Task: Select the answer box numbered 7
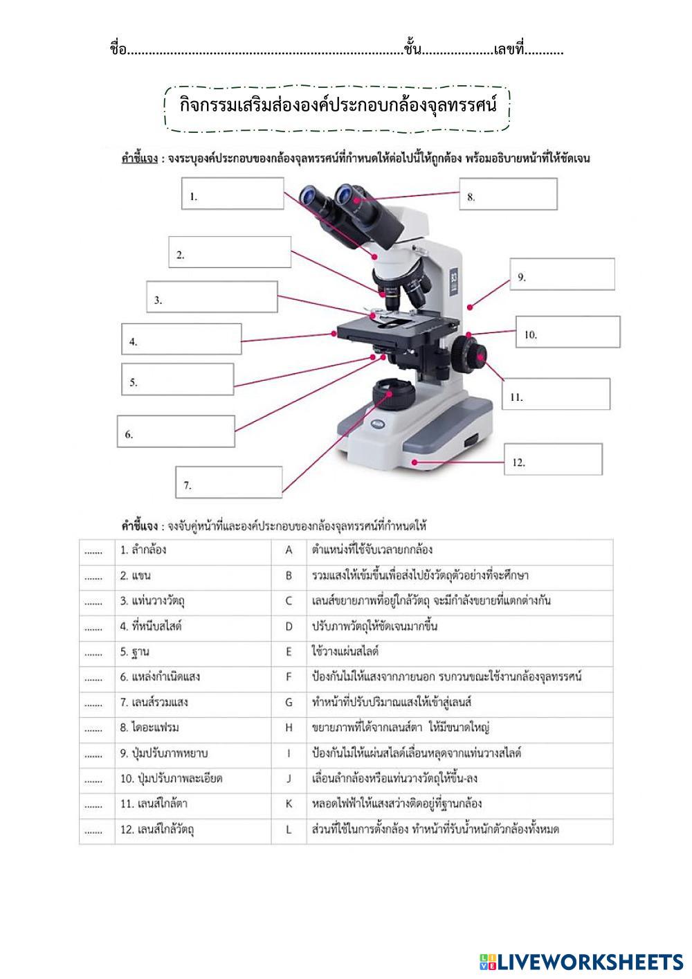(x=229, y=482)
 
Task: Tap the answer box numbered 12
(x=552, y=459)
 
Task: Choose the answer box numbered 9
(x=562, y=274)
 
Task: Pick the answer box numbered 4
(x=181, y=339)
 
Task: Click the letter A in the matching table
(x=289, y=550)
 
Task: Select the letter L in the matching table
(x=289, y=829)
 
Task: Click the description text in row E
(x=345, y=652)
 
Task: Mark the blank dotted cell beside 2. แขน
(x=93, y=576)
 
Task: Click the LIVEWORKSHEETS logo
(x=581, y=961)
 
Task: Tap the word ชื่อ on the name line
(x=118, y=49)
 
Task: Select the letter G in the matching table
(x=289, y=703)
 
